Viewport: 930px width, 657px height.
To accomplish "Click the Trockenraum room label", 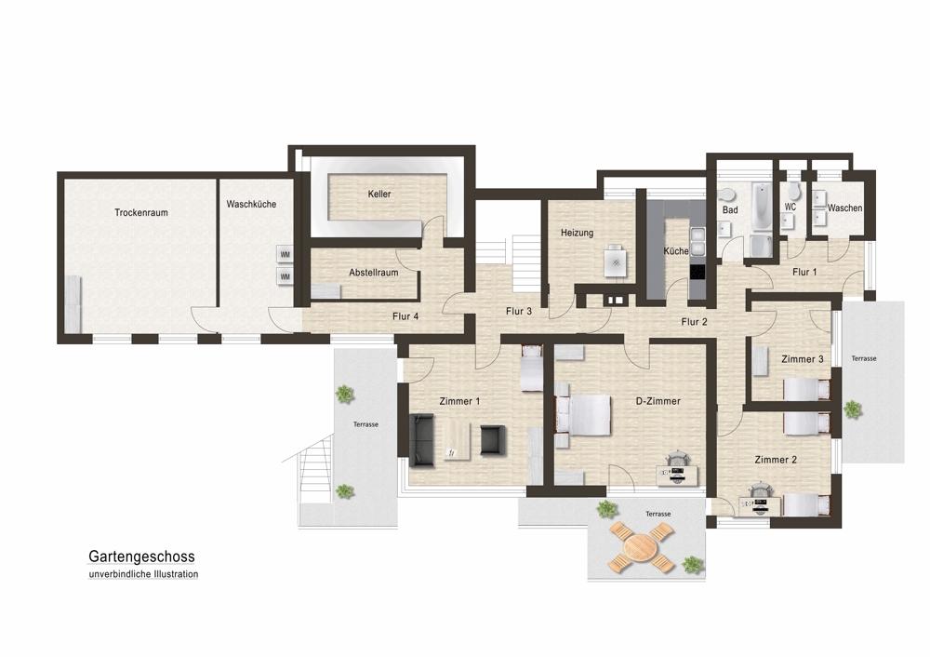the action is [141, 212].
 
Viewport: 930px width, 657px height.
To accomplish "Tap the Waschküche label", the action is [251, 204].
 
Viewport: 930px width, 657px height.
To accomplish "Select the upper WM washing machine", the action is [286, 255].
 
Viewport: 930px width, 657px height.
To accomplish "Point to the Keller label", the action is [379, 194].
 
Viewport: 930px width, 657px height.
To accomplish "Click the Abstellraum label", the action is [374, 273].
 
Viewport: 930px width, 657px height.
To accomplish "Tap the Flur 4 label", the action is [405, 316].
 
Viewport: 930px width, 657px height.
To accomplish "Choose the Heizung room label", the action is [578, 233].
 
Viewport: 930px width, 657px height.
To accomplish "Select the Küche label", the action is [676, 251].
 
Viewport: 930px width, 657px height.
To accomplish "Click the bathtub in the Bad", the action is [761, 206].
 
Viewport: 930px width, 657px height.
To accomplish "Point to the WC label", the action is [790, 208].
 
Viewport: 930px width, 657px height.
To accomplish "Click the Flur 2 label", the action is [694, 322].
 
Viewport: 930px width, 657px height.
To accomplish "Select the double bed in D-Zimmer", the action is [584, 414].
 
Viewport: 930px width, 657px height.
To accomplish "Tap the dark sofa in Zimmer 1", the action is [421, 441].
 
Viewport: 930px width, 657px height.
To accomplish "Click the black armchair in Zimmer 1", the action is [492, 440].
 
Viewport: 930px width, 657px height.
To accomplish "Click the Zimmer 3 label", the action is [803, 359].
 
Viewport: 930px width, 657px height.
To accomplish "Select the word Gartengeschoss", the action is [141, 556].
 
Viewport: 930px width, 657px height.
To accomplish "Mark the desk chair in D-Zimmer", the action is [677, 460].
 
